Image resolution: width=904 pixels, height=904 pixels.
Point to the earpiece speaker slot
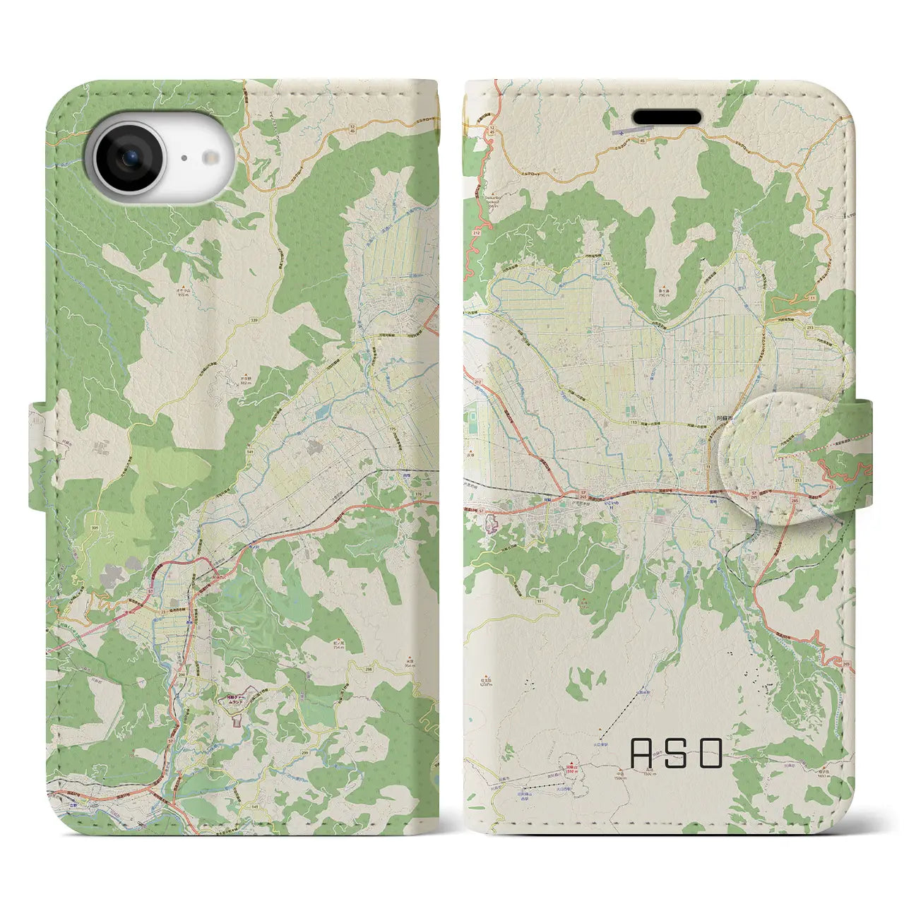(x=667, y=116)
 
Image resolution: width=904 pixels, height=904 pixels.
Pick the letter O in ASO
(x=711, y=753)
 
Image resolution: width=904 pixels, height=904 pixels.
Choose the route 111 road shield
(x=539, y=600)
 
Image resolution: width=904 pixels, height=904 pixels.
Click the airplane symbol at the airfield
(x=621, y=131)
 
